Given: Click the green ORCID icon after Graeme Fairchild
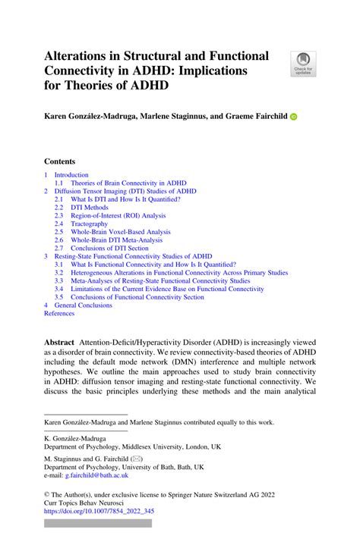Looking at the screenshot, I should tap(294, 117).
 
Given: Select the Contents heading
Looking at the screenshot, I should tap(59, 161).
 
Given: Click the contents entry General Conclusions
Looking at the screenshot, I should tap(83, 305).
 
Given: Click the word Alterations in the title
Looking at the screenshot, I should tap(82, 56).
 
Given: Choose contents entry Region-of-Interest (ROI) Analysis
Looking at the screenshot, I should tap(118, 215).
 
